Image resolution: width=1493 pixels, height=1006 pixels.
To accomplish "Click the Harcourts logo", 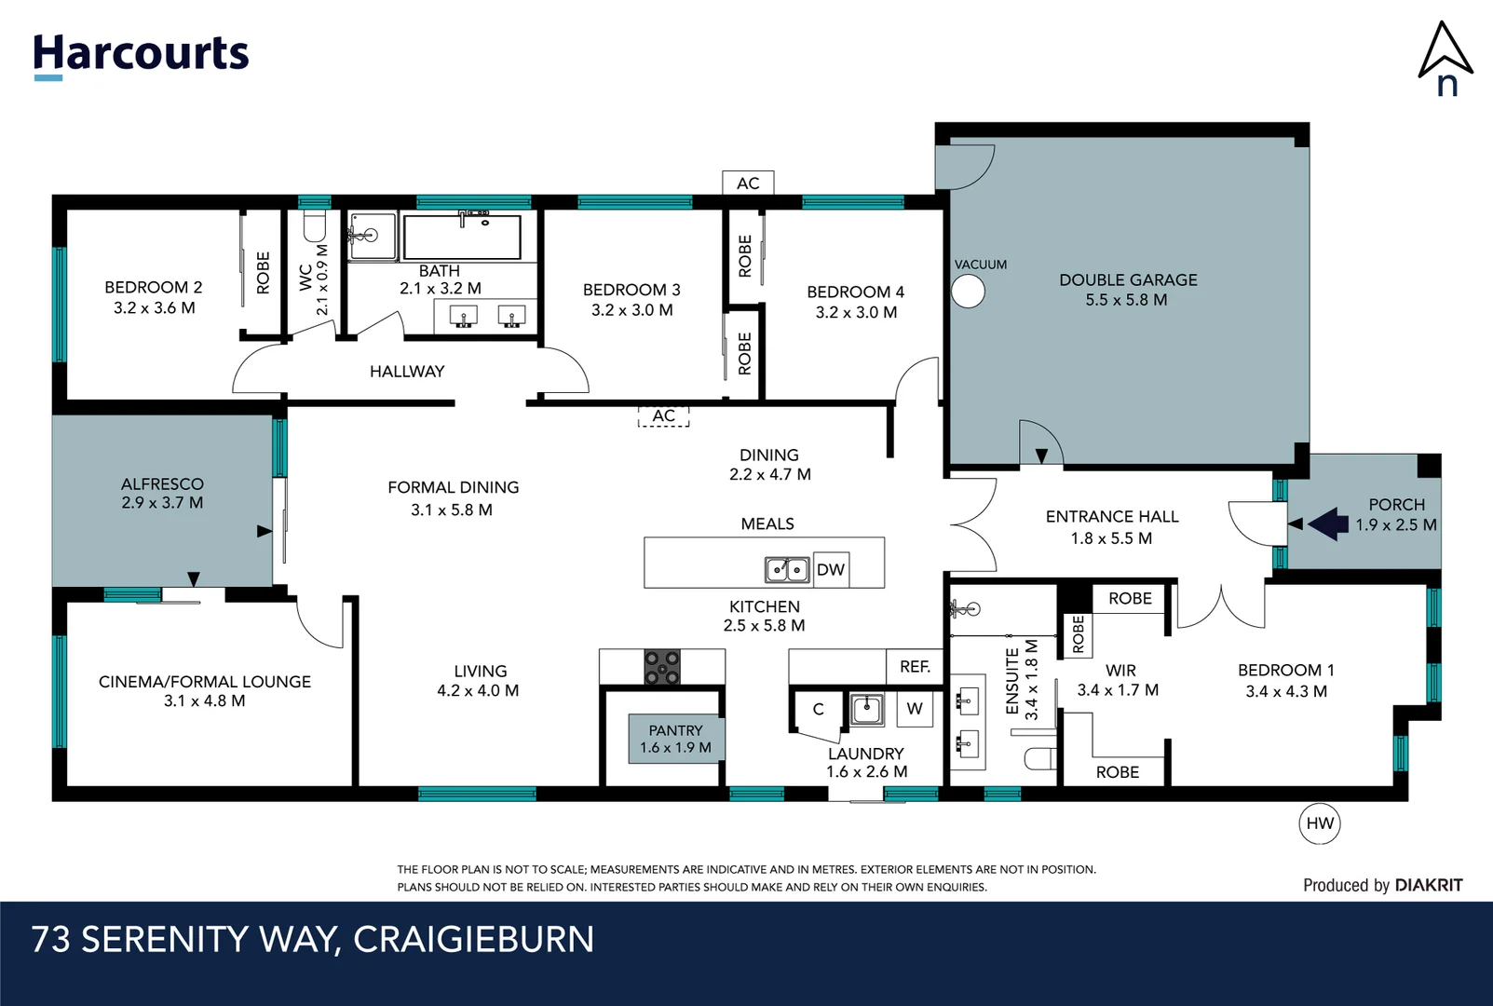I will [141, 54].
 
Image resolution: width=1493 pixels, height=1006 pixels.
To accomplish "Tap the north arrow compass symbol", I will [1445, 58].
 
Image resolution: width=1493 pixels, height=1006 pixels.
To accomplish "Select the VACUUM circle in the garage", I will [968, 292].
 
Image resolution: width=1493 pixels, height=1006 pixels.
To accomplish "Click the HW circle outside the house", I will [1319, 823].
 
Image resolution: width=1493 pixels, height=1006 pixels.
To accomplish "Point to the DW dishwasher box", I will [830, 569].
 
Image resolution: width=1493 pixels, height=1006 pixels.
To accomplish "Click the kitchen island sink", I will [786, 568].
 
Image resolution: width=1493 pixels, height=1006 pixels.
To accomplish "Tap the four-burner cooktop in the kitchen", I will [662, 668].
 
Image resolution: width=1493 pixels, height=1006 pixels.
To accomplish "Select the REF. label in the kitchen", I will [915, 667].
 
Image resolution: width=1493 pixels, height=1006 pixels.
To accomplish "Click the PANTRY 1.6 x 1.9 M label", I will [675, 739].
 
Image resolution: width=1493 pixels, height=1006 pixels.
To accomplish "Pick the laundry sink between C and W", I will [867, 709].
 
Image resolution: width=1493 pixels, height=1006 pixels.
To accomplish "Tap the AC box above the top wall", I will [748, 184].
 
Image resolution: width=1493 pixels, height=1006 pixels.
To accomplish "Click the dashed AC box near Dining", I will [663, 416].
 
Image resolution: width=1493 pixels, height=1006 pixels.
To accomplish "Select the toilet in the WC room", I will [314, 225].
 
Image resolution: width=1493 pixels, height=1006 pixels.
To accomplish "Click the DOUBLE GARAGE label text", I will [1128, 279].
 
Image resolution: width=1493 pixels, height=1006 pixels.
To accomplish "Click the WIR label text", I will [1120, 671].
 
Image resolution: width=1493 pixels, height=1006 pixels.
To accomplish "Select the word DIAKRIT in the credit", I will [1428, 885].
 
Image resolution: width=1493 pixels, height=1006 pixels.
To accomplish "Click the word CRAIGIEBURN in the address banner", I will [473, 939].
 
